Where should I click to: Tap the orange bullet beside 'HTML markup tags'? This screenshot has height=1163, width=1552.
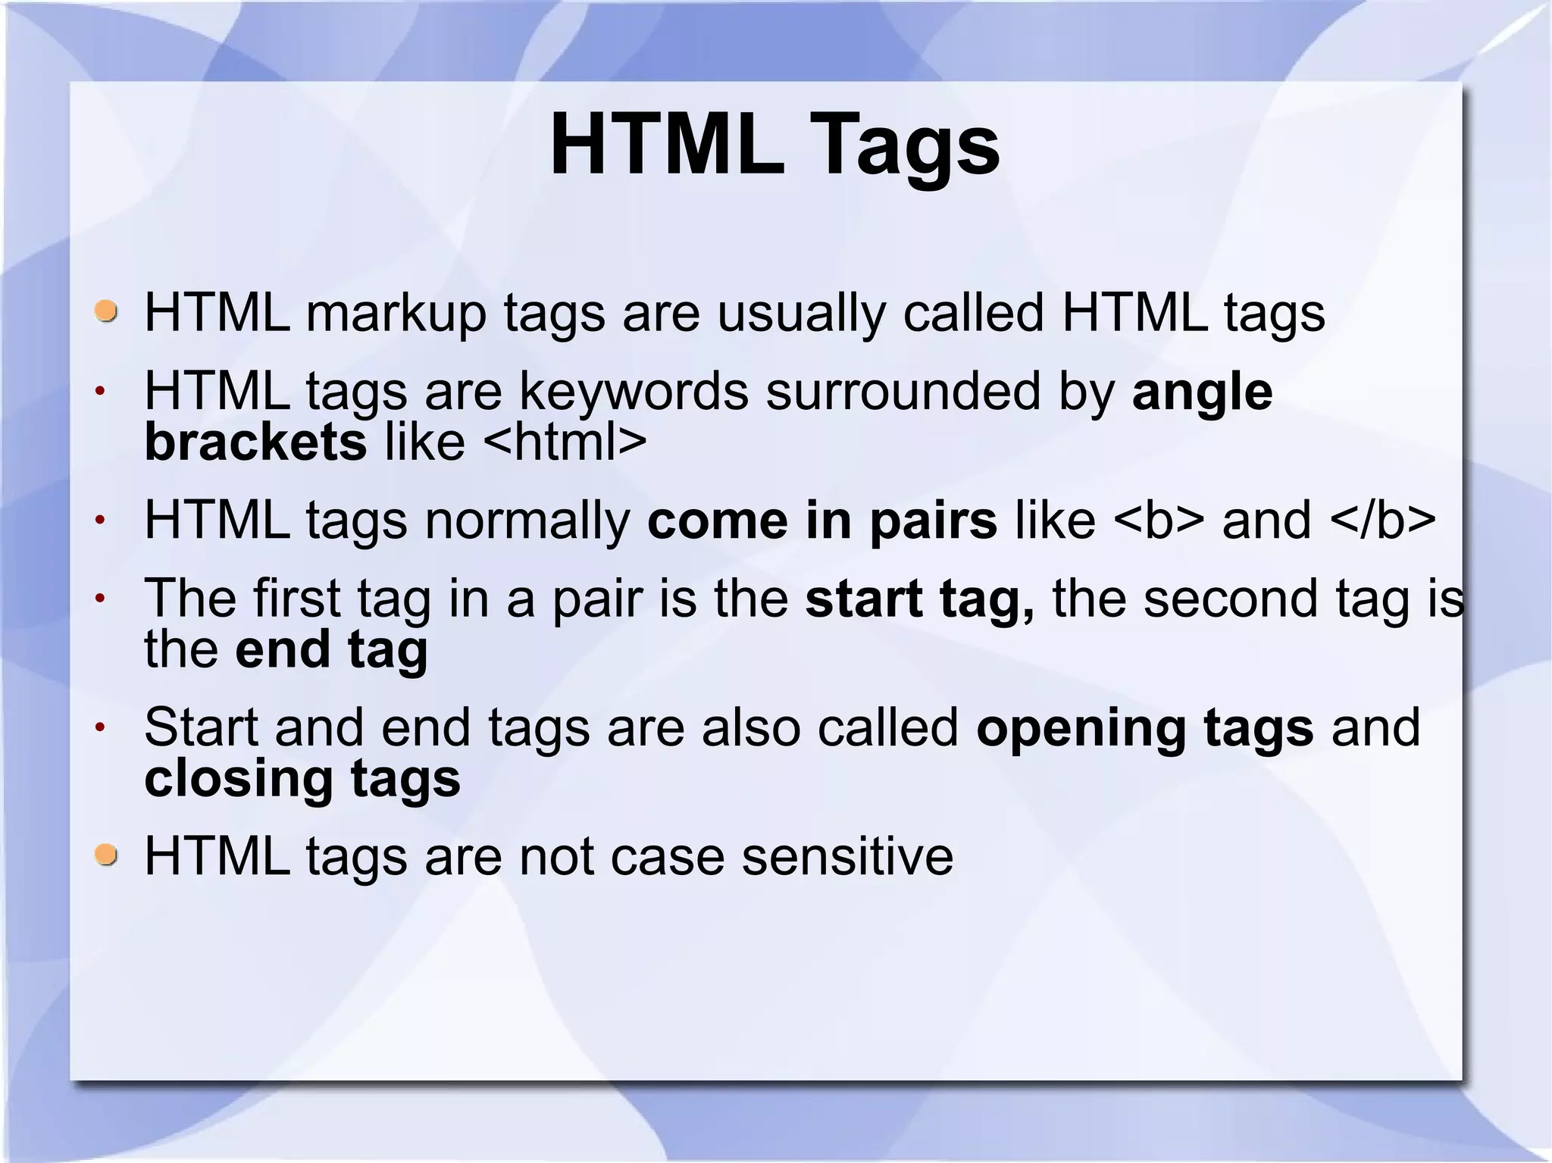pyautogui.click(x=107, y=311)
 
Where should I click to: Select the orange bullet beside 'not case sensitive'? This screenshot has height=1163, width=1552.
pyautogui.click(x=107, y=855)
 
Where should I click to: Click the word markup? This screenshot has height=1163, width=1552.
pyautogui.click(x=396, y=314)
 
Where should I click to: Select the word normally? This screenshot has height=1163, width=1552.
pyautogui.click(x=527, y=521)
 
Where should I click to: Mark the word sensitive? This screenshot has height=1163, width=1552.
pyautogui.click(x=846, y=856)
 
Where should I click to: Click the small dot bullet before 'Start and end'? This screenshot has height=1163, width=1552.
pyautogui.click(x=99, y=728)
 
